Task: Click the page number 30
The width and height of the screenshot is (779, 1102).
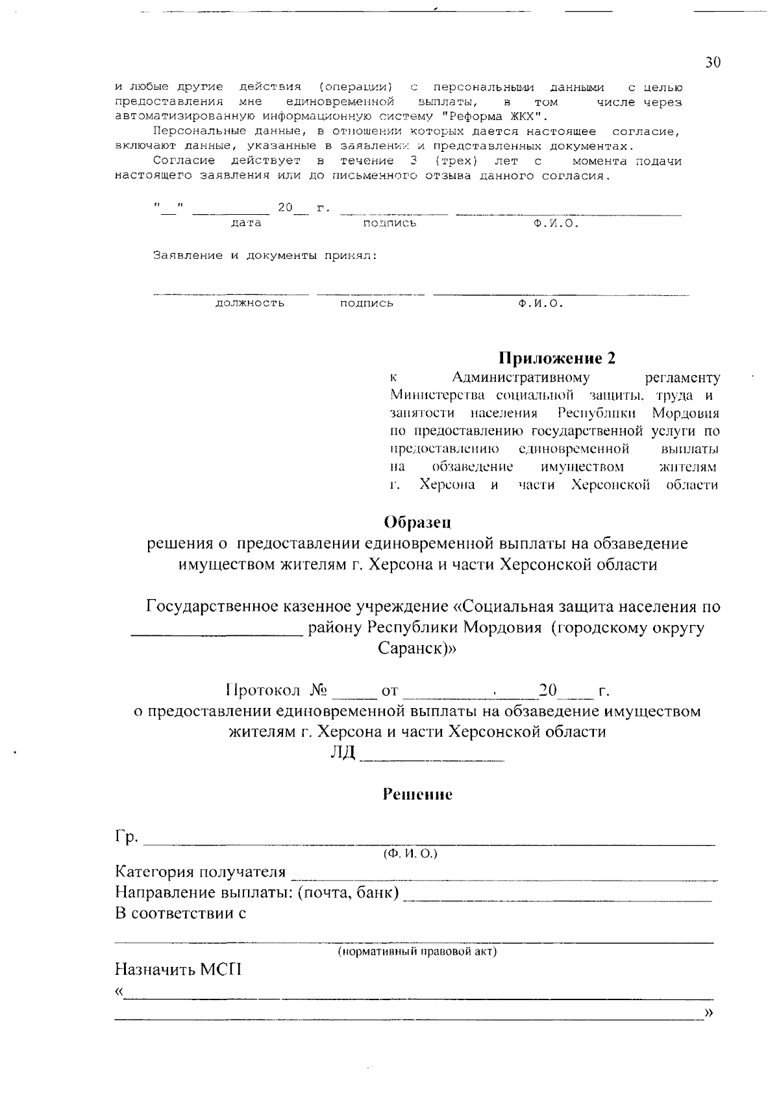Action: click(712, 62)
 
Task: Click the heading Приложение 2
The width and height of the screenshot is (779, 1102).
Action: click(556, 358)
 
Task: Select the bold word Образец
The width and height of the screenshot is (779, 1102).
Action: click(417, 522)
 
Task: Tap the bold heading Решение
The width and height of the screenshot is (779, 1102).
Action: click(417, 794)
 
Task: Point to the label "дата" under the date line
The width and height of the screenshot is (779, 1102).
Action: click(246, 223)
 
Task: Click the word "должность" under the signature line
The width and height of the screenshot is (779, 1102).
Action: click(250, 304)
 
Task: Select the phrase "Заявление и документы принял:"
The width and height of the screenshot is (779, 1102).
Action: click(265, 256)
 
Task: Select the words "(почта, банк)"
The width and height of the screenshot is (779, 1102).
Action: click(347, 892)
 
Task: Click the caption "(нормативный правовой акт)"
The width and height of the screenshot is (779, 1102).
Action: click(416, 951)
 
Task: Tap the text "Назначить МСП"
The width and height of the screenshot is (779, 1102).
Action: click(178, 970)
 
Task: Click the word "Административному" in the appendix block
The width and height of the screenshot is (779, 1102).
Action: click(521, 378)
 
